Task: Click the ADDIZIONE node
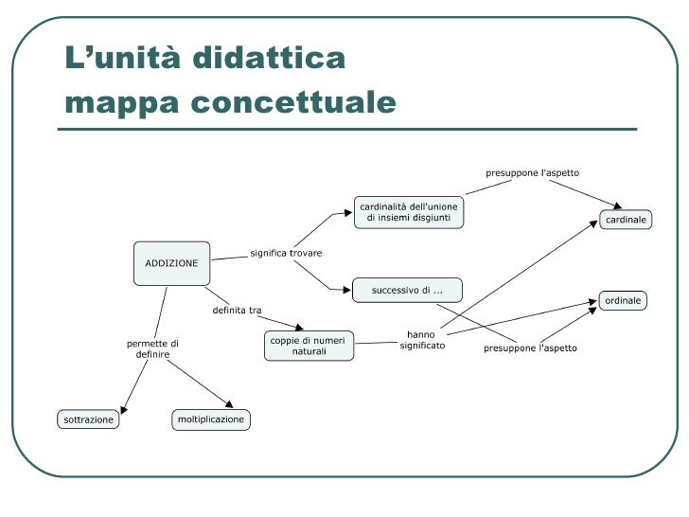(x=171, y=262)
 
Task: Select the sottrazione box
(x=88, y=419)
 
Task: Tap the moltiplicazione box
(x=211, y=419)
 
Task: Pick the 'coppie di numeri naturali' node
(x=308, y=346)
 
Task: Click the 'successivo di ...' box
(x=407, y=290)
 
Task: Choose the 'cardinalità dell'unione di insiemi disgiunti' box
(x=409, y=213)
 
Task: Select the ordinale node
(x=622, y=300)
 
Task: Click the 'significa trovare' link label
(x=286, y=254)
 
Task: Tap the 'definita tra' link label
(x=237, y=310)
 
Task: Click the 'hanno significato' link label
(x=421, y=340)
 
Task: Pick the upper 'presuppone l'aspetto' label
(x=532, y=173)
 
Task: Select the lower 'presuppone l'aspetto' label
(x=530, y=348)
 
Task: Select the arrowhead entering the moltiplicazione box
(x=228, y=404)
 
